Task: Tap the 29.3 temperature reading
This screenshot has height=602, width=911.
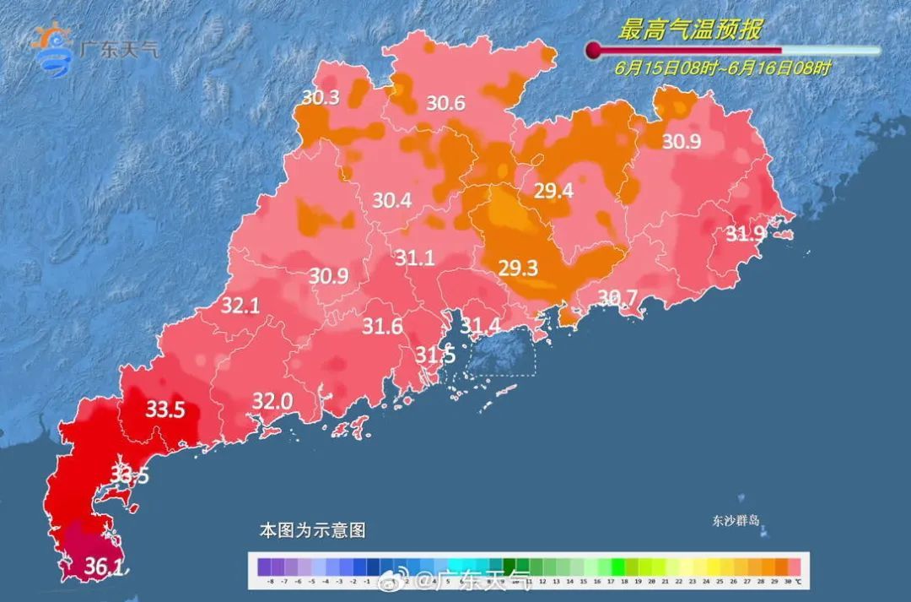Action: (518, 268)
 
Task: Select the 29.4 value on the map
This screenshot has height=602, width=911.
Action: (553, 192)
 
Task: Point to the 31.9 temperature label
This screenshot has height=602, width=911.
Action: (747, 234)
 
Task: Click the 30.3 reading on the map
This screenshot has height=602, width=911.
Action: (321, 98)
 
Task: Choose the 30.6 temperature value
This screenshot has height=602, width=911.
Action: (445, 104)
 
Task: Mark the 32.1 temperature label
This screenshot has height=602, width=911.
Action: (240, 306)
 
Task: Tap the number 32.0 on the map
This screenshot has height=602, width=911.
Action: (272, 402)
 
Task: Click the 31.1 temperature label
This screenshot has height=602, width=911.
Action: (415, 258)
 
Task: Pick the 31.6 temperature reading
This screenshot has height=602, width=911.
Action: (382, 327)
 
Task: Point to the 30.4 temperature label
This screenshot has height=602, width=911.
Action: (392, 201)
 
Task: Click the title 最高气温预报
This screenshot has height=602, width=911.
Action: (690, 31)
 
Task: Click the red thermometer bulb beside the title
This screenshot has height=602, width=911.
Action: (594, 51)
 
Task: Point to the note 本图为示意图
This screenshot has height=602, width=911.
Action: (312, 531)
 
